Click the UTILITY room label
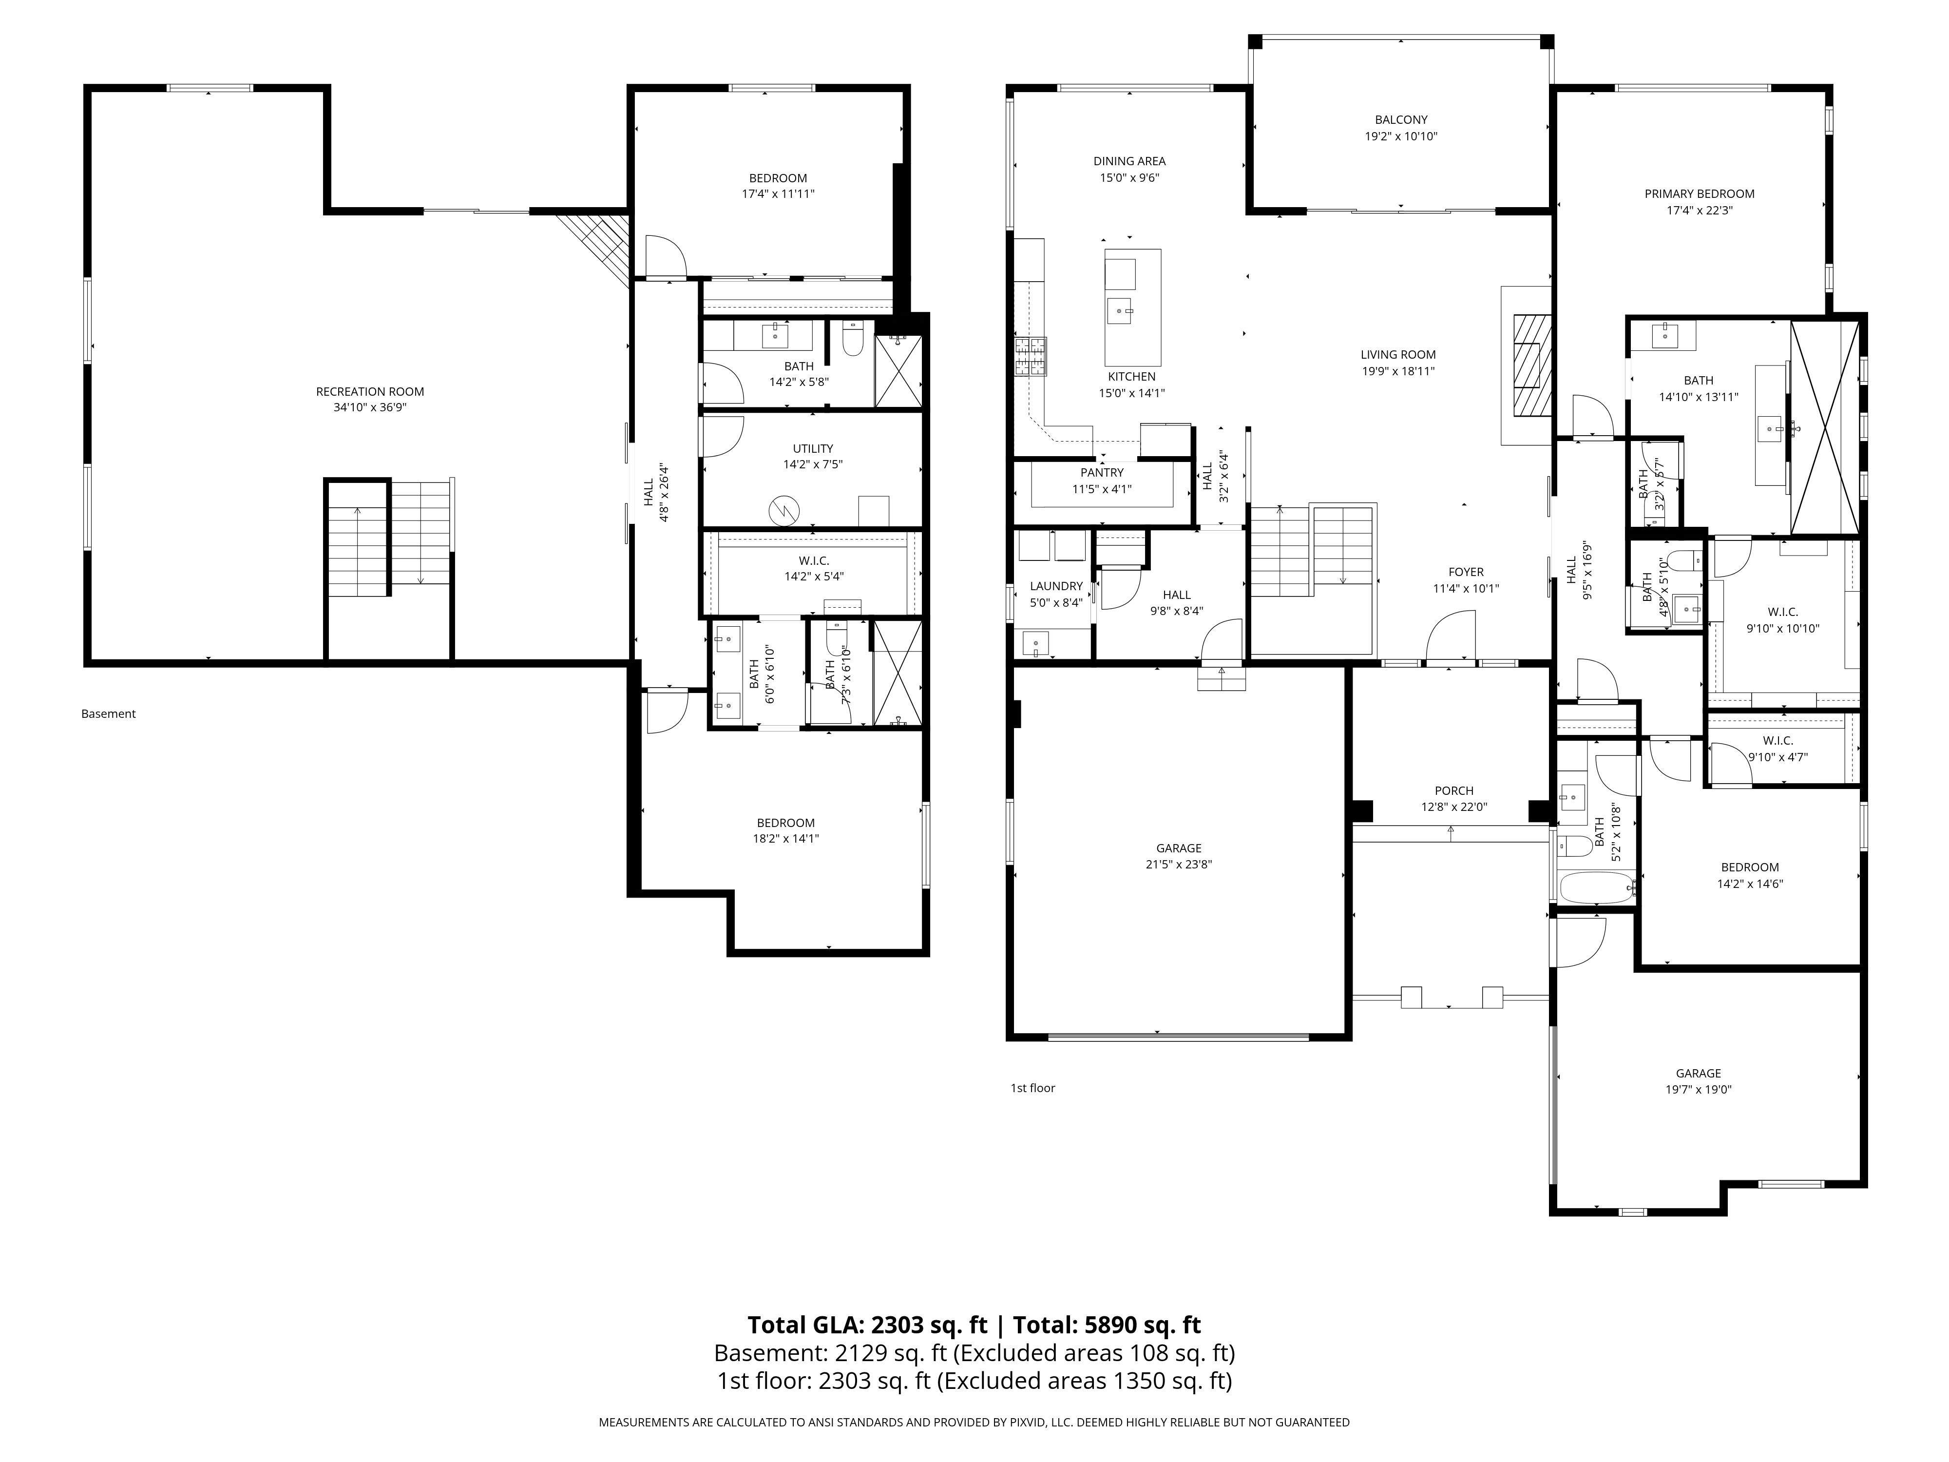tap(812, 448)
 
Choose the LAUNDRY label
tap(1056, 586)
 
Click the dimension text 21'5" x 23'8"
tap(1179, 865)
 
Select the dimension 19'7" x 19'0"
tap(1699, 1089)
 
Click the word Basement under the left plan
tap(108, 714)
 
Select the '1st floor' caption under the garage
tap(1032, 1088)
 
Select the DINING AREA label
tap(1129, 161)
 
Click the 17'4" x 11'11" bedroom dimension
tap(778, 194)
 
